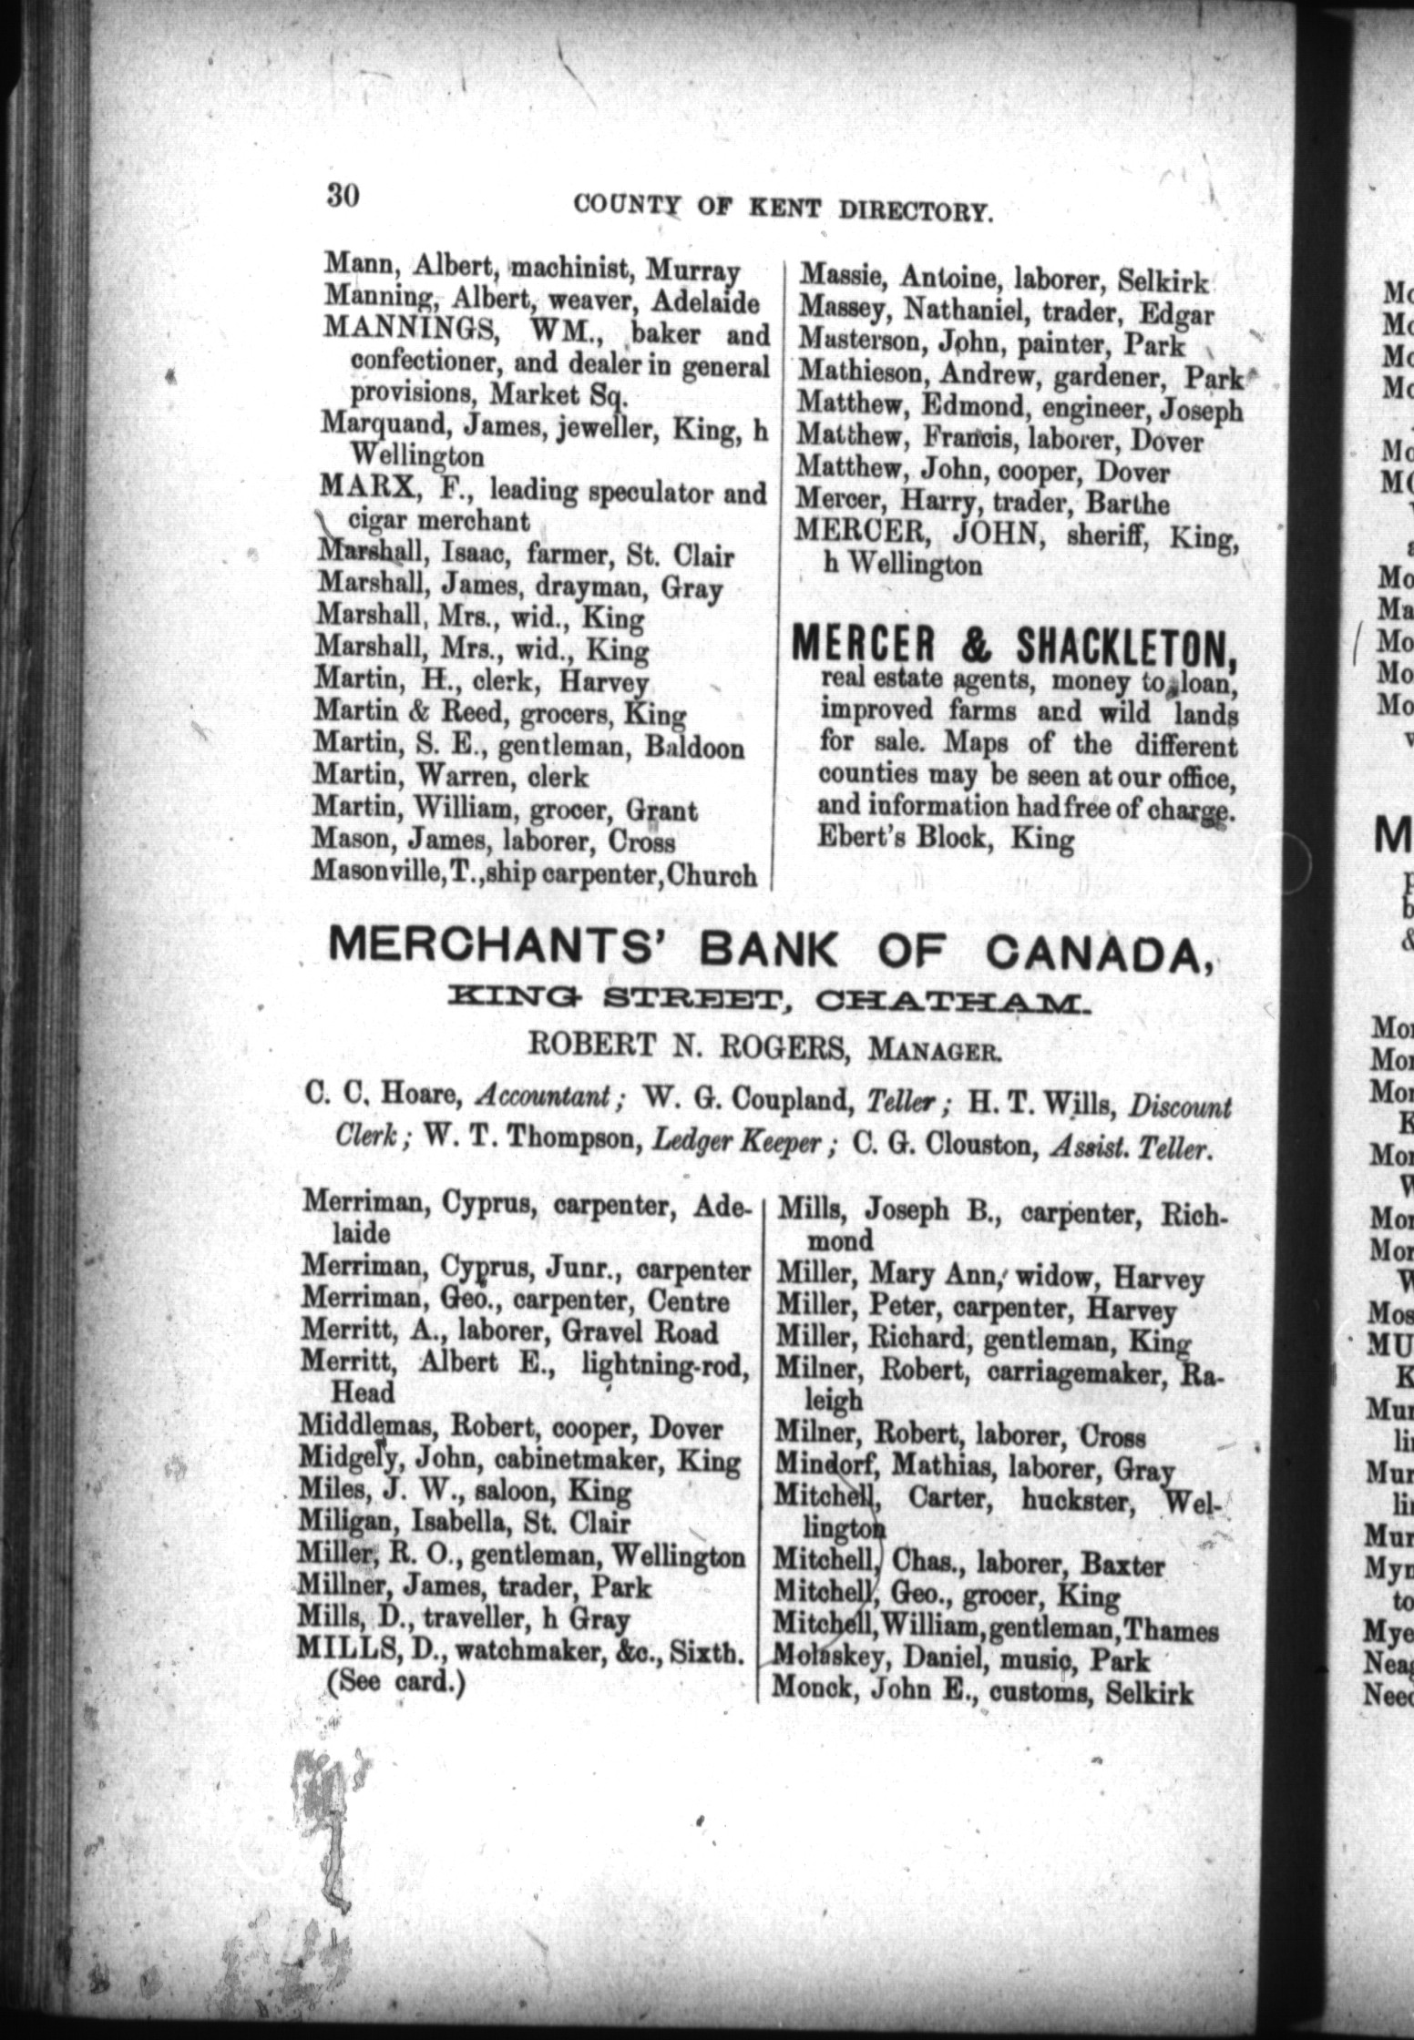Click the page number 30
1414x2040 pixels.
pos(343,196)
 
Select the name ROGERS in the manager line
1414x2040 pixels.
pos(784,1050)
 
